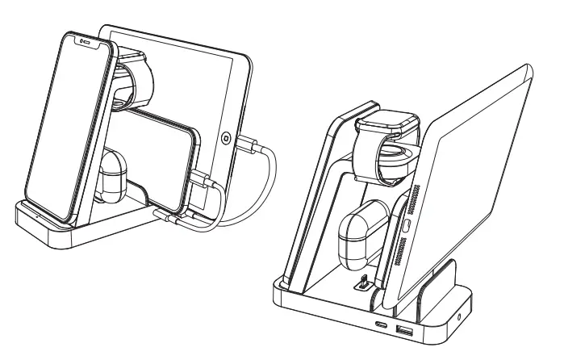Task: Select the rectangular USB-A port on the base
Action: pyautogui.click(x=404, y=331)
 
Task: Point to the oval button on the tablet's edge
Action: pyautogui.click(x=407, y=224)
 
